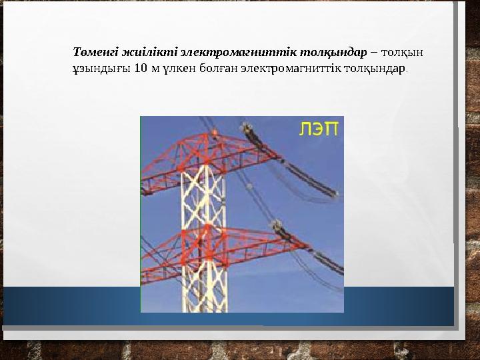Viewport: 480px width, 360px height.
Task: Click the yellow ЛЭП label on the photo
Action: [x=318, y=129]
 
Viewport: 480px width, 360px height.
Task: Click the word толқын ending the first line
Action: [x=403, y=51]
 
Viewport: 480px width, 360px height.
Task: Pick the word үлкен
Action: [x=176, y=68]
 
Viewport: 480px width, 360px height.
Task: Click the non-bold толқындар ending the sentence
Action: [x=374, y=68]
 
